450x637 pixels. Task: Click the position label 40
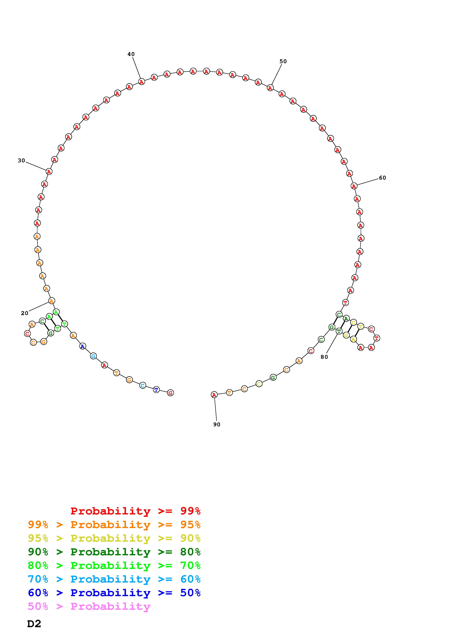pyautogui.click(x=131, y=54)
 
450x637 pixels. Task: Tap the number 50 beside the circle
pyautogui.click(x=283, y=61)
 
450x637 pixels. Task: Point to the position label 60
pyautogui.click(x=382, y=178)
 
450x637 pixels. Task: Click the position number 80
pyautogui.click(x=324, y=357)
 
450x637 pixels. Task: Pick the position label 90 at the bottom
pyautogui.click(x=217, y=425)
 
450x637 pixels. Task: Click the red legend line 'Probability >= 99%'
pyautogui.click(x=136, y=511)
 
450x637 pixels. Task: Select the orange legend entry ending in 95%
pyautogui.click(x=114, y=525)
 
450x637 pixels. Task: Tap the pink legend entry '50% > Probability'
pyautogui.click(x=89, y=606)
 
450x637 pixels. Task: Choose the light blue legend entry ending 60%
pyautogui.click(x=114, y=579)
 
